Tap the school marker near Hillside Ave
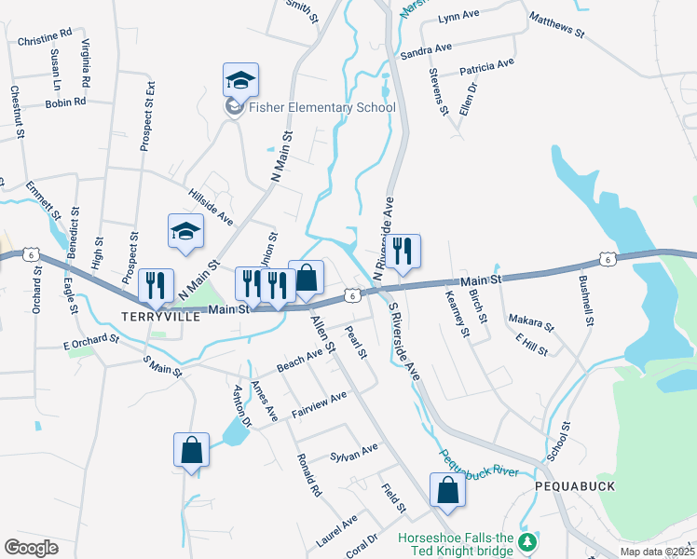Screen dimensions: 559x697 coord(185,232)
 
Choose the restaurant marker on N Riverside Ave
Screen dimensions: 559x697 coord(403,252)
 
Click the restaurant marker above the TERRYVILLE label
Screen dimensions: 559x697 coord(156,287)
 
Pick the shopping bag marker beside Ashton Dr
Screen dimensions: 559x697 coord(191,450)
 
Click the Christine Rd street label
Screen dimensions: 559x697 coord(45,40)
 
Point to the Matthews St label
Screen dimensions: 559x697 coord(555,25)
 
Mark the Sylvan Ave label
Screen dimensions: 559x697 coord(354,452)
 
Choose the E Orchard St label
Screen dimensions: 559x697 coord(91,342)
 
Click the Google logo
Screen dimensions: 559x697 coord(31,548)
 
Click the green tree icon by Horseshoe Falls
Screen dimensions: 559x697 coord(529,540)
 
